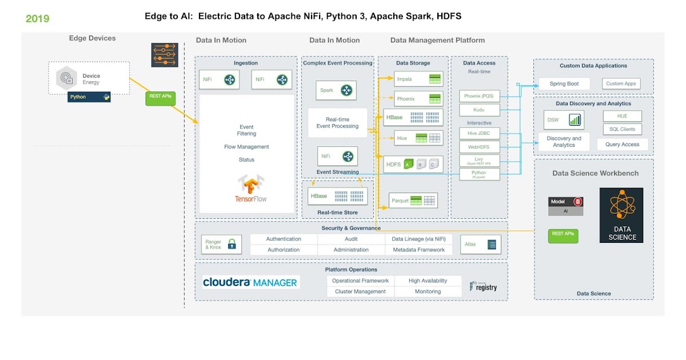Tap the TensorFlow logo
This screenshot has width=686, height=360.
tap(251, 189)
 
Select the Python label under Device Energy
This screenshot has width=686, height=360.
tap(89, 97)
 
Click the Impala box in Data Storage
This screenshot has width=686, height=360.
tap(418, 79)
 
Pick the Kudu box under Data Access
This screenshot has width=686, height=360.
tap(479, 109)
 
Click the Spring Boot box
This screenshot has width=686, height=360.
tap(564, 84)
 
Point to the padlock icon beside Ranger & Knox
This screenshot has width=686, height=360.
tap(232, 245)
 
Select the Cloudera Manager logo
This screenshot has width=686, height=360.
tap(250, 282)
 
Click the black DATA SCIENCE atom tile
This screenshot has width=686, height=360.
tap(621, 215)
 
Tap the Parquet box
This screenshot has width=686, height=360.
tap(413, 201)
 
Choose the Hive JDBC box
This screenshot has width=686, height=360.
tap(479, 133)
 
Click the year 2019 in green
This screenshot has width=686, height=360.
tap(38, 19)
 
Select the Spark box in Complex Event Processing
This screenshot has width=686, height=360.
tap(336, 90)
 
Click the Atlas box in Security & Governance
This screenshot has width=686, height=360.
tap(481, 245)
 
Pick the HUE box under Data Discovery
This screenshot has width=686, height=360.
tap(622, 116)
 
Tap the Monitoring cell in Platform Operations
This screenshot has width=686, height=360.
tap(428, 291)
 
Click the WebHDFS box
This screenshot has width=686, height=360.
tap(479, 147)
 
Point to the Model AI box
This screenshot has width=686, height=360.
tap(566, 206)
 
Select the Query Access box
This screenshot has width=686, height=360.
tap(622, 145)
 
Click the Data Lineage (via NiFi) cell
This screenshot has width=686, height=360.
tap(418, 239)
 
